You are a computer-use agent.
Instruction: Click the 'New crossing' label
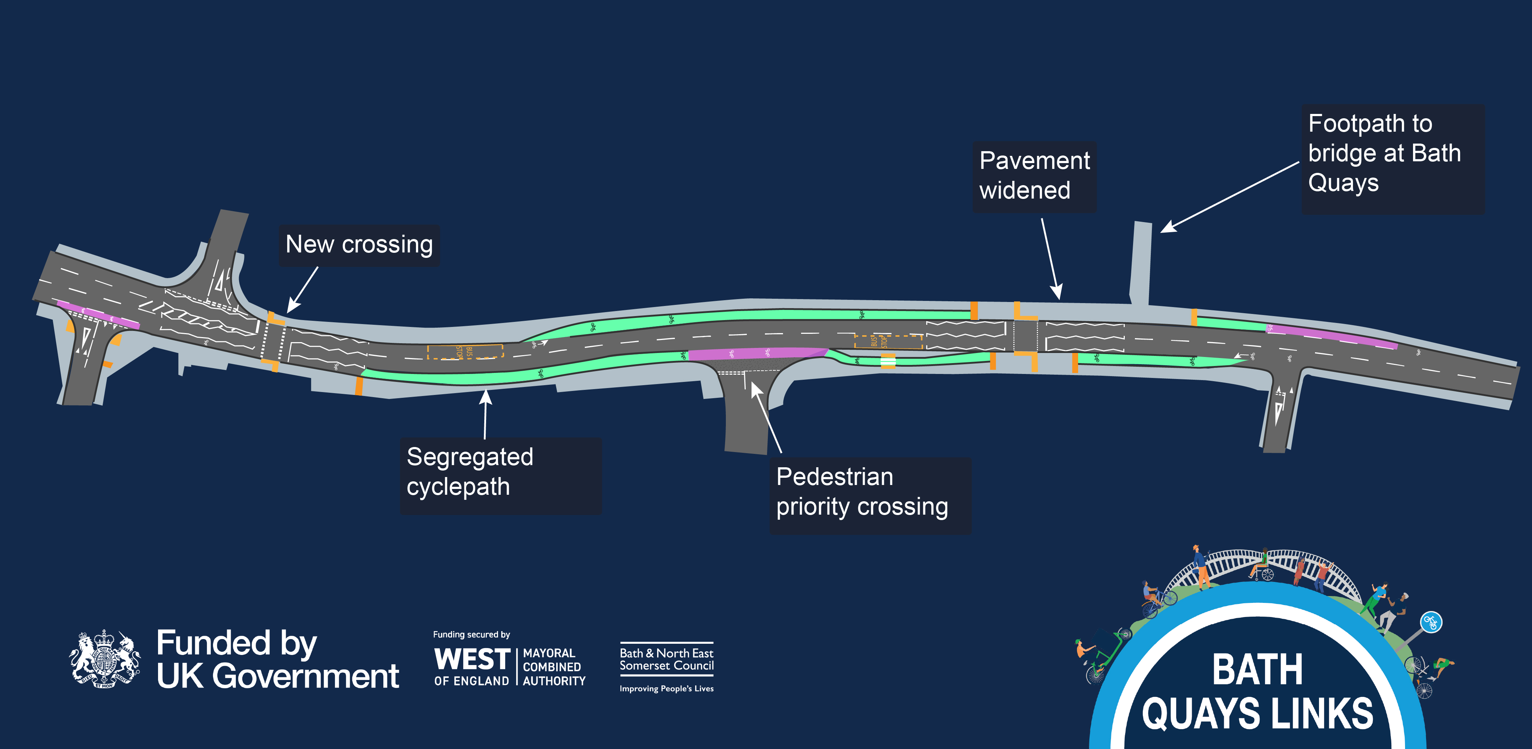tap(359, 244)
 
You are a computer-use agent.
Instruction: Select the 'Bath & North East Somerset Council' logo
tap(666, 659)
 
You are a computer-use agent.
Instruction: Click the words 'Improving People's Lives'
tap(666, 688)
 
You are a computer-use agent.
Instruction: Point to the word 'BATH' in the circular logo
tap(1257, 670)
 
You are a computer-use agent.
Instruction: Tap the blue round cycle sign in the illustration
tap(1431, 623)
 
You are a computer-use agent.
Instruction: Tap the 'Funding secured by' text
tap(471, 635)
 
